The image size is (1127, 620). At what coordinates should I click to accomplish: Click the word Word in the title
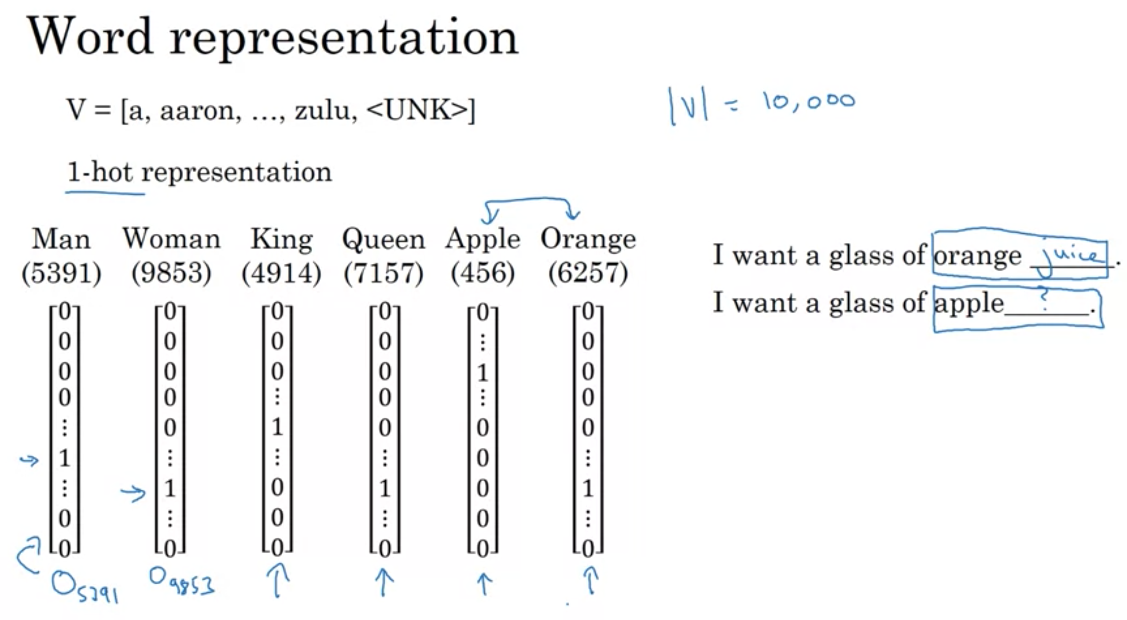pyautogui.click(x=90, y=37)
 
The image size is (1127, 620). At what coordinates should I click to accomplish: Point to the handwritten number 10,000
pyautogui.click(x=809, y=102)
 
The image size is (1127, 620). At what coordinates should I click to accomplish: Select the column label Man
pyautogui.click(x=61, y=239)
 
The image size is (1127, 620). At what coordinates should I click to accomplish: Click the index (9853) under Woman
pyautogui.click(x=172, y=273)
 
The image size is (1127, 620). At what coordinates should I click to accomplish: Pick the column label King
pyautogui.click(x=282, y=240)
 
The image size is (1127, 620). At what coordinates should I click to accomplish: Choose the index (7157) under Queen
pyautogui.click(x=383, y=273)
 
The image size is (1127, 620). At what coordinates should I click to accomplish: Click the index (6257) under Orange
pyautogui.click(x=588, y=273)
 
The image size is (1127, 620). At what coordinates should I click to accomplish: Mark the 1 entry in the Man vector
pyautogui.click(x=65, y=458)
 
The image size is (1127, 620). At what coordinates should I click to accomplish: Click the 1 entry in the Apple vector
pyautogui.click(x=482, y=373)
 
